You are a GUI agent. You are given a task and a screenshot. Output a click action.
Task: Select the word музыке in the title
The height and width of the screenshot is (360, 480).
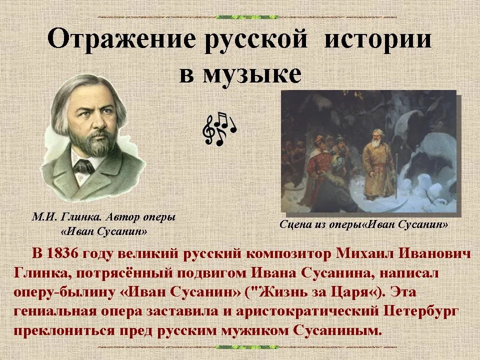pos(252,74)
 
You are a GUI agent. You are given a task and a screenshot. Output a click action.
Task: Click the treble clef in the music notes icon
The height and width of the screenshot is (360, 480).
pos(209,130)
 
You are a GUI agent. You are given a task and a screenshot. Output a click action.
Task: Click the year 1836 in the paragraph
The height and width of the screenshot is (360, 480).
pos(62,254)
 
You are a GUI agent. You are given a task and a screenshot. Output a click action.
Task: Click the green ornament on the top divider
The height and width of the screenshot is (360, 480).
pos(247,17)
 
